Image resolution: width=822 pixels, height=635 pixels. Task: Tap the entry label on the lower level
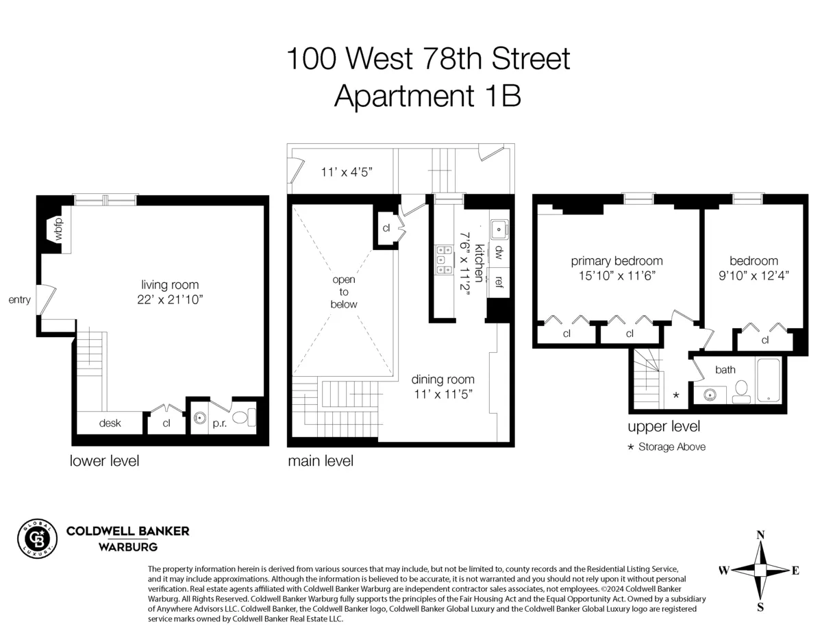[19, 300]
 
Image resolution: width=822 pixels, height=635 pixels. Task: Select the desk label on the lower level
[110, 423]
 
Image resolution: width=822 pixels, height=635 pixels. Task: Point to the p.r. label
[219, 423]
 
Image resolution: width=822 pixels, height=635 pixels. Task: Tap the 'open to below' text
[344, 292]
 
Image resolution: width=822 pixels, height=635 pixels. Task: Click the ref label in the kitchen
[499, 281]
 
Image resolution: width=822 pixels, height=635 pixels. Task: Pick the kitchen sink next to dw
[499, 227]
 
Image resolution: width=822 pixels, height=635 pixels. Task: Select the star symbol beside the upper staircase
[677, 395]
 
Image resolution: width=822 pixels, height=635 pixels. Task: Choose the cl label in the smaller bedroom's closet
[764, 340]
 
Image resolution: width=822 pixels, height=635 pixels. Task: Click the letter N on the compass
[760, 535]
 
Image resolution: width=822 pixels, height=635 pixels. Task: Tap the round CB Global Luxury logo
[37, 540]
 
